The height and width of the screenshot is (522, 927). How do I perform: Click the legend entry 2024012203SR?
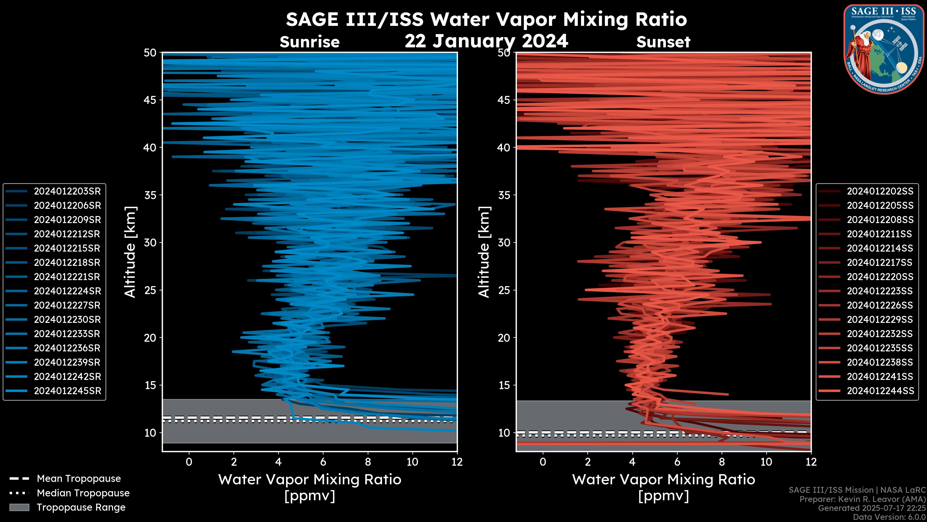[67, 191]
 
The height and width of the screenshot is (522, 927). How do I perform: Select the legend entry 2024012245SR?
[67, 391]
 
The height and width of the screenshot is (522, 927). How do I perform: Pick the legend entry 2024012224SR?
[67, 291]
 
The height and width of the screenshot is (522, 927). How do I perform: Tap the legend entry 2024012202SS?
[880, 191]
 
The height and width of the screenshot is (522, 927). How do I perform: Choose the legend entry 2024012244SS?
[880, 391]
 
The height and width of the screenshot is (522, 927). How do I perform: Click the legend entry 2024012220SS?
[880, 277]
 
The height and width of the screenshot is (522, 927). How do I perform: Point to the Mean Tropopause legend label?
[79, 479]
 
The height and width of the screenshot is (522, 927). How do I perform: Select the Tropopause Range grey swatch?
[19, 507]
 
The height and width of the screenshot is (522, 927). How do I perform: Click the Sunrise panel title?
[309, 42]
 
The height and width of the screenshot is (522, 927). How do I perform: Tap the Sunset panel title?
[663, 42]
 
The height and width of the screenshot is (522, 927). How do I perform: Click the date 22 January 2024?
[486, 41]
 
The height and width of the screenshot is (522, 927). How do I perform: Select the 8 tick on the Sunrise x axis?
[367, 462]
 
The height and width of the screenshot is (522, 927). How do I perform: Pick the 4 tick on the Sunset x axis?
[632, 462]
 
